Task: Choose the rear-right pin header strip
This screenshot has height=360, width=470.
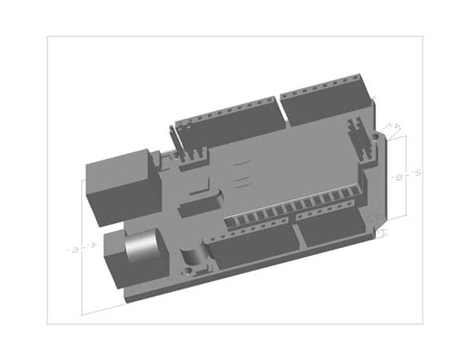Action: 327,99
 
